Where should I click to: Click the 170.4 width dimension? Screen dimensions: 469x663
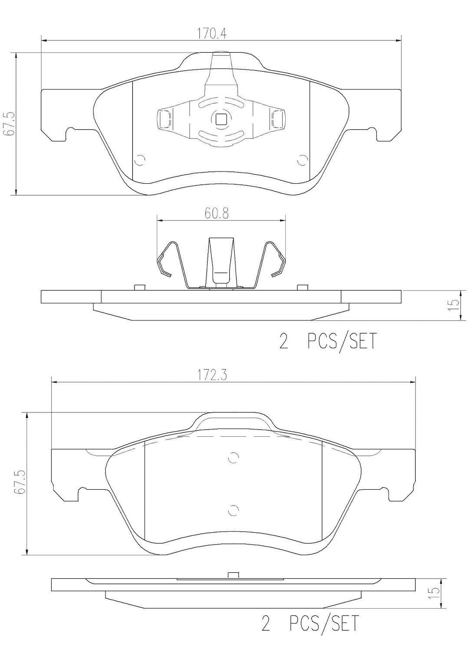[x=212, y=34]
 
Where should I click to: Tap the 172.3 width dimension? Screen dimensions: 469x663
[x=212, y=376]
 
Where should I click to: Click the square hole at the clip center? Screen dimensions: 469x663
[x=221, y=119]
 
